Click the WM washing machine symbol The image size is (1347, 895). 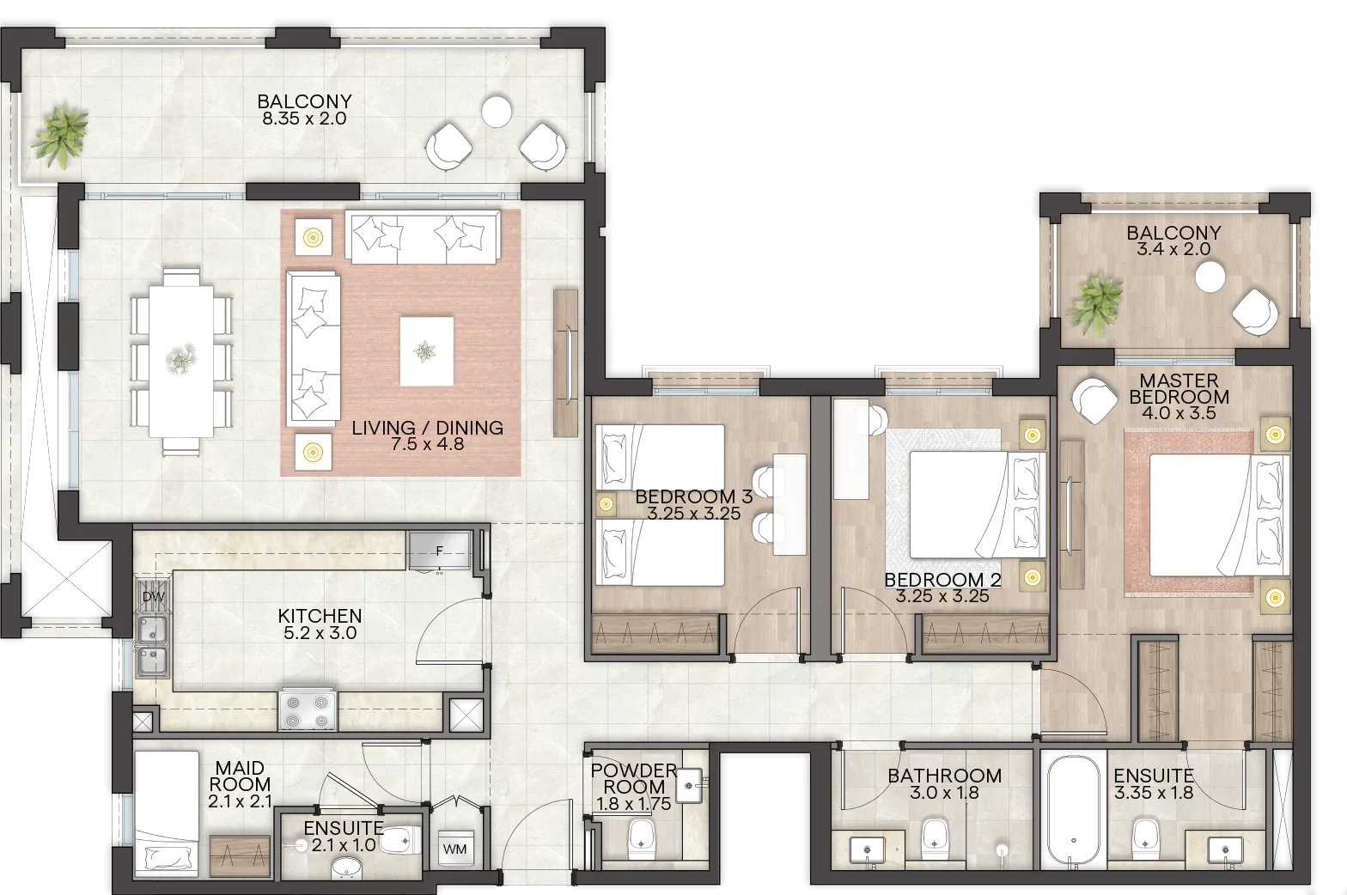(x=454, y=848)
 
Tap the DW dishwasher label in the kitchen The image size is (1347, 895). (x=153, y=597)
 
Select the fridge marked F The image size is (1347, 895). (x=440, y=550)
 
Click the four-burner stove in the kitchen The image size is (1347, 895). (x=308, y=709)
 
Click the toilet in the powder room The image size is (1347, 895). (x=641, y=840)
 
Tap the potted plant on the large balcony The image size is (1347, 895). (x=60, y=137)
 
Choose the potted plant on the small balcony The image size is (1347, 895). (x=1095, y=304)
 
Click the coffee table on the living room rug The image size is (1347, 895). (x=426, y=351)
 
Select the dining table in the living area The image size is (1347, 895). (x=181, y=362)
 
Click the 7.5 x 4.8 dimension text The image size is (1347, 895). (x=427, y=444)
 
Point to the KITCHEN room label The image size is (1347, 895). (x=320, y=616)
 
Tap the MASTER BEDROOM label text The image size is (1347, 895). (x=1179, y=388)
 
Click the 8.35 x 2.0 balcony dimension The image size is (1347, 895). (x=304, y=119)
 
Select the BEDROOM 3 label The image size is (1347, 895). (x=694, y=496)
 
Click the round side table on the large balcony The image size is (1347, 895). (x=497, y=111)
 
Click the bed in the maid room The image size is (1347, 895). (x=167, y=813)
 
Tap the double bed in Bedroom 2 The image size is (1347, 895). (x=978, y=504)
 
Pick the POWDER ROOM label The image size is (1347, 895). (x=634, y=778)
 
